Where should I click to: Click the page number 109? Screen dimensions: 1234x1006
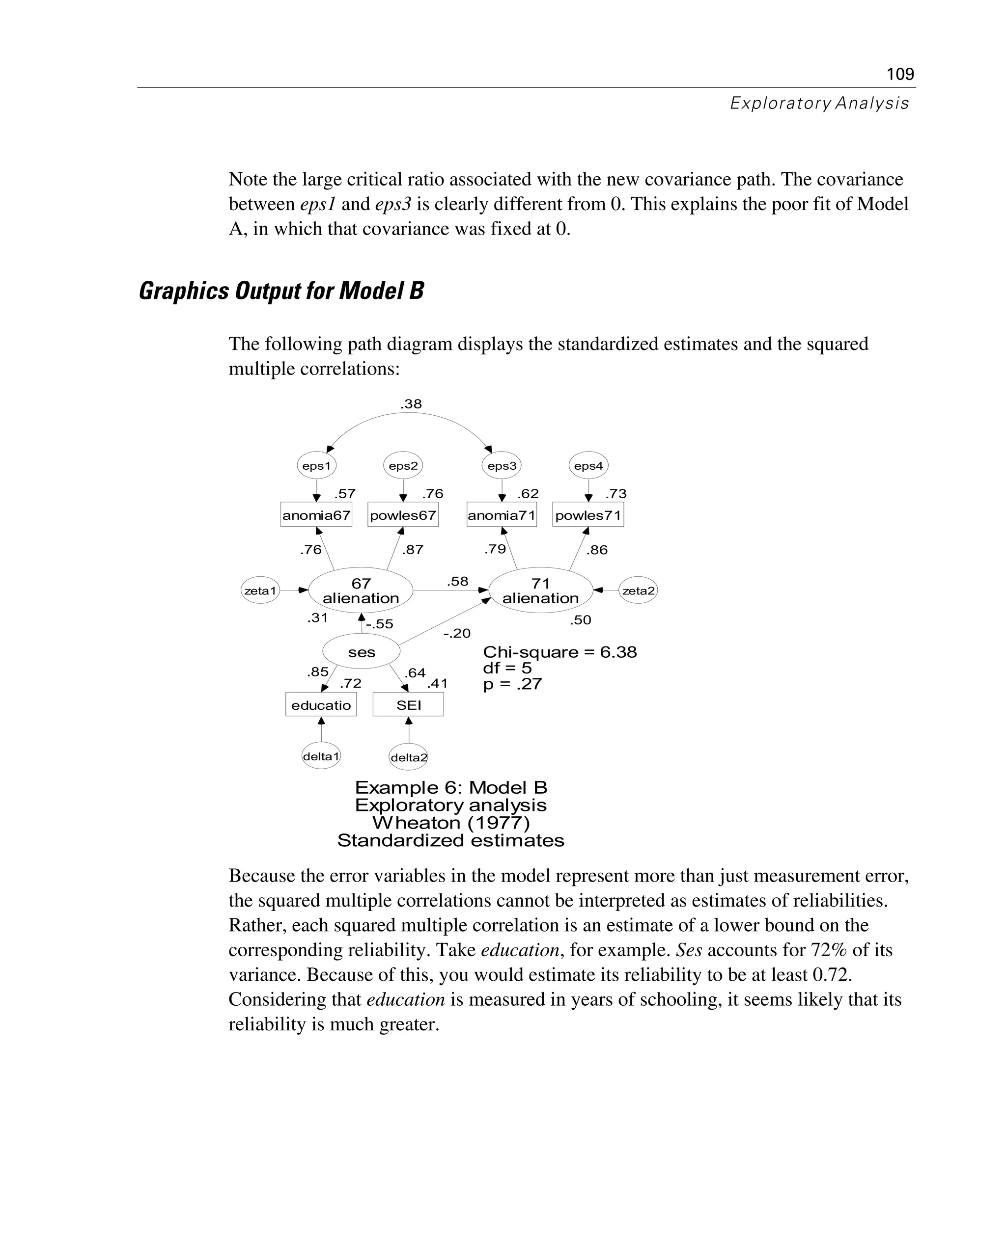(900, 74)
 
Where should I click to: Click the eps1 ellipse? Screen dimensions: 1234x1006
(316, 466)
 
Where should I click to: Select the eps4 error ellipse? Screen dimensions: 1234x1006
(588, 466)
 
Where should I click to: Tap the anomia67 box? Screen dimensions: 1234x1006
(316, 515)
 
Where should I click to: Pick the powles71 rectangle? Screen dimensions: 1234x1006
(588, 515)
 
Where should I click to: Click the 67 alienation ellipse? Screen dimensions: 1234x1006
(361, 590)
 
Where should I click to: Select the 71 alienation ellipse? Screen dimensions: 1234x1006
(541, 590)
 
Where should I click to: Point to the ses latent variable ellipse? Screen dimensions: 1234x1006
(361, 652)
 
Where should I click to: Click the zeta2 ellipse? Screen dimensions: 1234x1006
(638, 590)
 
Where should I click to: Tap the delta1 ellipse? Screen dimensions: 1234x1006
(321, 756)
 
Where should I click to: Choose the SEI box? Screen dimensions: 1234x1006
(409, 705)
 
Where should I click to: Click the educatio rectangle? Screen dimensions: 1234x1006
(321, 705)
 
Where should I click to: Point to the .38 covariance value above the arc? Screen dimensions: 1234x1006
(411, 404)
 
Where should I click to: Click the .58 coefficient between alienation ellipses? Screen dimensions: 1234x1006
(457, 581)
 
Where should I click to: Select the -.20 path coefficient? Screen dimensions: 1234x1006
(457, 634)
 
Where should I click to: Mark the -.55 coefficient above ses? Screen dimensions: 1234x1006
(380, 624)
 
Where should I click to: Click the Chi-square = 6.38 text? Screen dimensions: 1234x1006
(560, 652)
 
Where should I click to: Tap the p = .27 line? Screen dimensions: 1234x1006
(512, 684)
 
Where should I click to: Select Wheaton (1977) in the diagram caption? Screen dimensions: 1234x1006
(451, 823)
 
